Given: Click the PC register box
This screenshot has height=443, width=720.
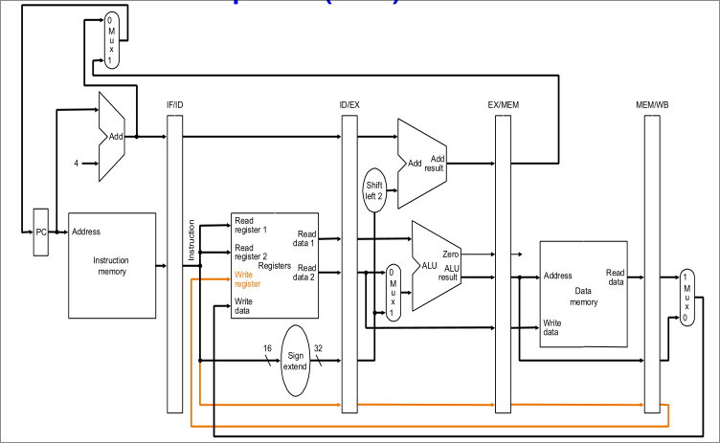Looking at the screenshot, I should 40,232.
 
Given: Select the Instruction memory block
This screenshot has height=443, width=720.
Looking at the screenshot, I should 110,265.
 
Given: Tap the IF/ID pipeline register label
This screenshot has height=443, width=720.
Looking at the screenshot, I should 174,105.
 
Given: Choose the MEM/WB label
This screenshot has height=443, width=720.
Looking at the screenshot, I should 652,105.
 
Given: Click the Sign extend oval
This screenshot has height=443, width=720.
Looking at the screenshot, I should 295,361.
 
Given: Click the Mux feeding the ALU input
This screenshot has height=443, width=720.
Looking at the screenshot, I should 391,292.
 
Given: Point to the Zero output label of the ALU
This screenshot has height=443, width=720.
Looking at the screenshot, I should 452,255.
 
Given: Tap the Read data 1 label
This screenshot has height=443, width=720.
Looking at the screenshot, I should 306,237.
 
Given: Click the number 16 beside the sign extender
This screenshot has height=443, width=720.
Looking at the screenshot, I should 266,348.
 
